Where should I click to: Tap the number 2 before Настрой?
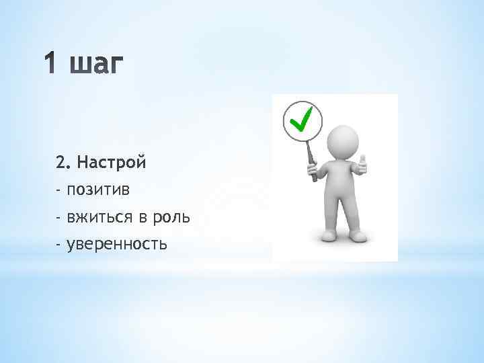[x=61, y=162]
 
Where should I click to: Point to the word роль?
[x=172, y=218]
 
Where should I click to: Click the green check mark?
[x=302, y=120]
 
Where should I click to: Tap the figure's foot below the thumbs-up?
[x=358, y=235]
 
